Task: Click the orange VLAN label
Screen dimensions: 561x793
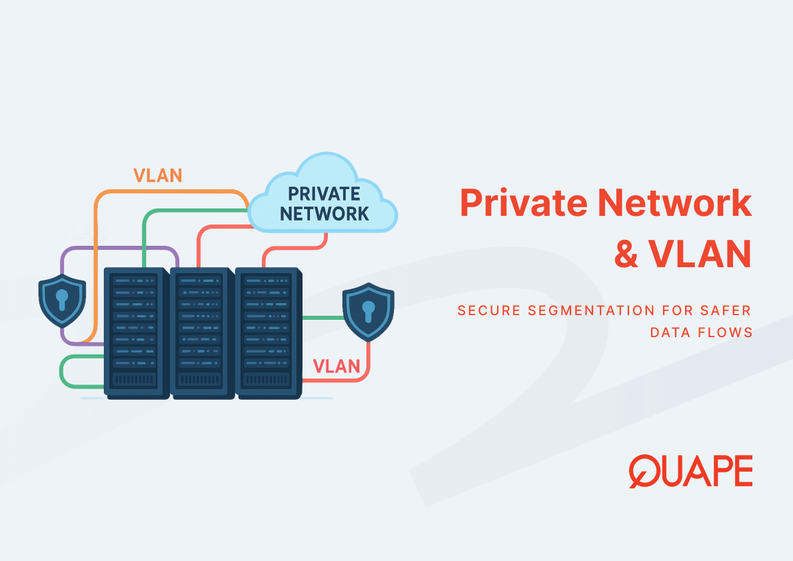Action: pyautogui.click(x=157, y=175)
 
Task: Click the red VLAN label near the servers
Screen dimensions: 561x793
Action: pyautogui.click(x=337, y=366)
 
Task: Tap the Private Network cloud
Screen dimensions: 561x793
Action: pyautogui.click(x=323, y=197)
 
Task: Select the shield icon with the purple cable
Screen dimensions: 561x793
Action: pyautogui.click(x=62, y=300)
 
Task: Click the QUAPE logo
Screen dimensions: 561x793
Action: pyautogui.click(x=690, y=471)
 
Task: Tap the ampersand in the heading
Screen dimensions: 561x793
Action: pyautogui.click(x=626, y=255)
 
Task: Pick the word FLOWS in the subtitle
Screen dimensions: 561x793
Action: pyautogui.click(x=727, y=332)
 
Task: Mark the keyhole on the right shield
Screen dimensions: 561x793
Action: pyautogui.click(x=369, y=310)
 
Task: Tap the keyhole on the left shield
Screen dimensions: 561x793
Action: pyautogui.click(x=62, y=298)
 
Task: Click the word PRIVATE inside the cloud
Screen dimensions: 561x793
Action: pyautogui.click(x=323, y=194)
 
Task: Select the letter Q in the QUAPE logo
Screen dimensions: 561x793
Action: pyautogui.click(x=644, y=471)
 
